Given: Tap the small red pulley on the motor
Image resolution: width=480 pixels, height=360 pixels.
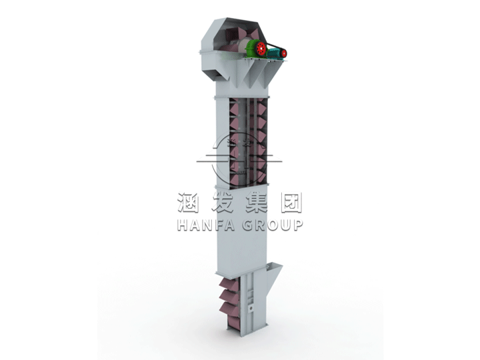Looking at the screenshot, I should pos(283,53).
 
